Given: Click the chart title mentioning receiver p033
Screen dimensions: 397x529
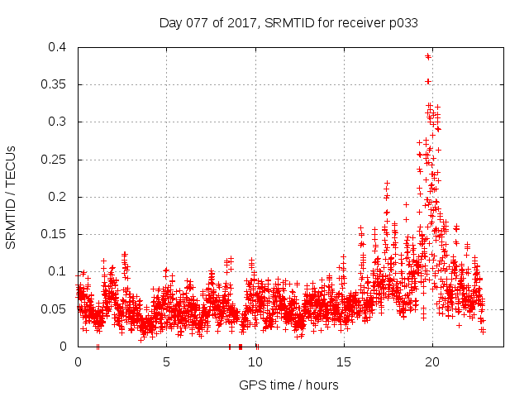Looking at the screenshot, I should tap(288, 23).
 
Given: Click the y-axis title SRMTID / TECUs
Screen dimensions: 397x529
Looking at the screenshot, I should tap(12, 197).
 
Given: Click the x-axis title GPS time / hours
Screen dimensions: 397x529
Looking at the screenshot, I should tap(288, 385).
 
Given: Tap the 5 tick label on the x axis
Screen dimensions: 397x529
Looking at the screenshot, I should tap(166, 362).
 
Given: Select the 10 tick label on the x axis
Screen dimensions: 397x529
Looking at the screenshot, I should tap(255, 362).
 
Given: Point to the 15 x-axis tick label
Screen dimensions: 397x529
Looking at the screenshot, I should tap(343, 362).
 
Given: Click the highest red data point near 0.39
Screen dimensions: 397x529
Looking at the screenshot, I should tap(427, 56).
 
